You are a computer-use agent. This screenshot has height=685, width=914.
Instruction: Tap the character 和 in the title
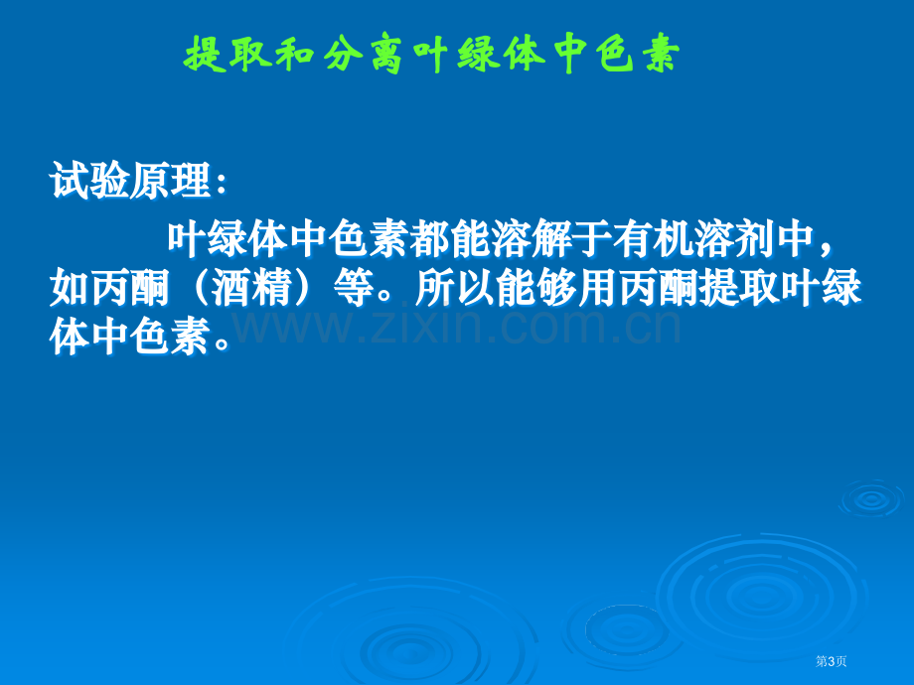pos(295,55)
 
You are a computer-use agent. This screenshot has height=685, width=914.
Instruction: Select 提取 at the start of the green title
pos(228,55)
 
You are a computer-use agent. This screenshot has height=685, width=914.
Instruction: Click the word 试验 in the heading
pos(89,181)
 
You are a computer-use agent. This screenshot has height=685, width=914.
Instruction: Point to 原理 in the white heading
pos(170,181)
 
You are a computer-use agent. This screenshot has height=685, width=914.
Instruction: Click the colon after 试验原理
pos(221,184)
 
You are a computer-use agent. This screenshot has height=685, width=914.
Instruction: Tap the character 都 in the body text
pos(429,239)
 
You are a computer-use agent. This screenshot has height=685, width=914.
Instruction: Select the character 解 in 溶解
pos(551,239)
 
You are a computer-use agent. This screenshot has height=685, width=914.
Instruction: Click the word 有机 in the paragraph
pos(653,239)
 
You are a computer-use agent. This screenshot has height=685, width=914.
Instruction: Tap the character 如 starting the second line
pos(70,288)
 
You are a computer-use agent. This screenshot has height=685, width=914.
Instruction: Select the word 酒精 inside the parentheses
pos(251,288)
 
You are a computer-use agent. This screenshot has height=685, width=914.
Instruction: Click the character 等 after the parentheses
pos(354,288)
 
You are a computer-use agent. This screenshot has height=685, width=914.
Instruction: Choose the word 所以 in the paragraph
pos(455,288)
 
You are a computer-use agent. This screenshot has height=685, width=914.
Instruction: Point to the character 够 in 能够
pos(556,288)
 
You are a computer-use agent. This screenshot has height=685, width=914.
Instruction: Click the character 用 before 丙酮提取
pos(597,288)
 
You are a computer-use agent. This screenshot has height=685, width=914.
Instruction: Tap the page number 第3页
pos(831,661)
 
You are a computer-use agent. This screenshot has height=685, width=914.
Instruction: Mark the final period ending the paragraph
pos(222,343)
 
